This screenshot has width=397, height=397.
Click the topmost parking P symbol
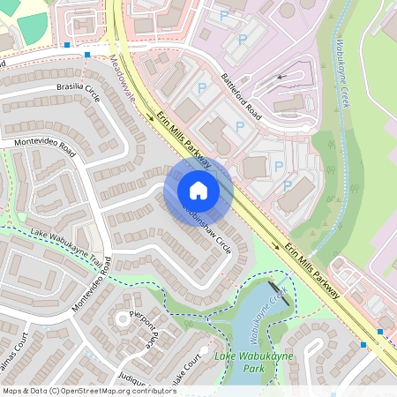click(223, 16)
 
